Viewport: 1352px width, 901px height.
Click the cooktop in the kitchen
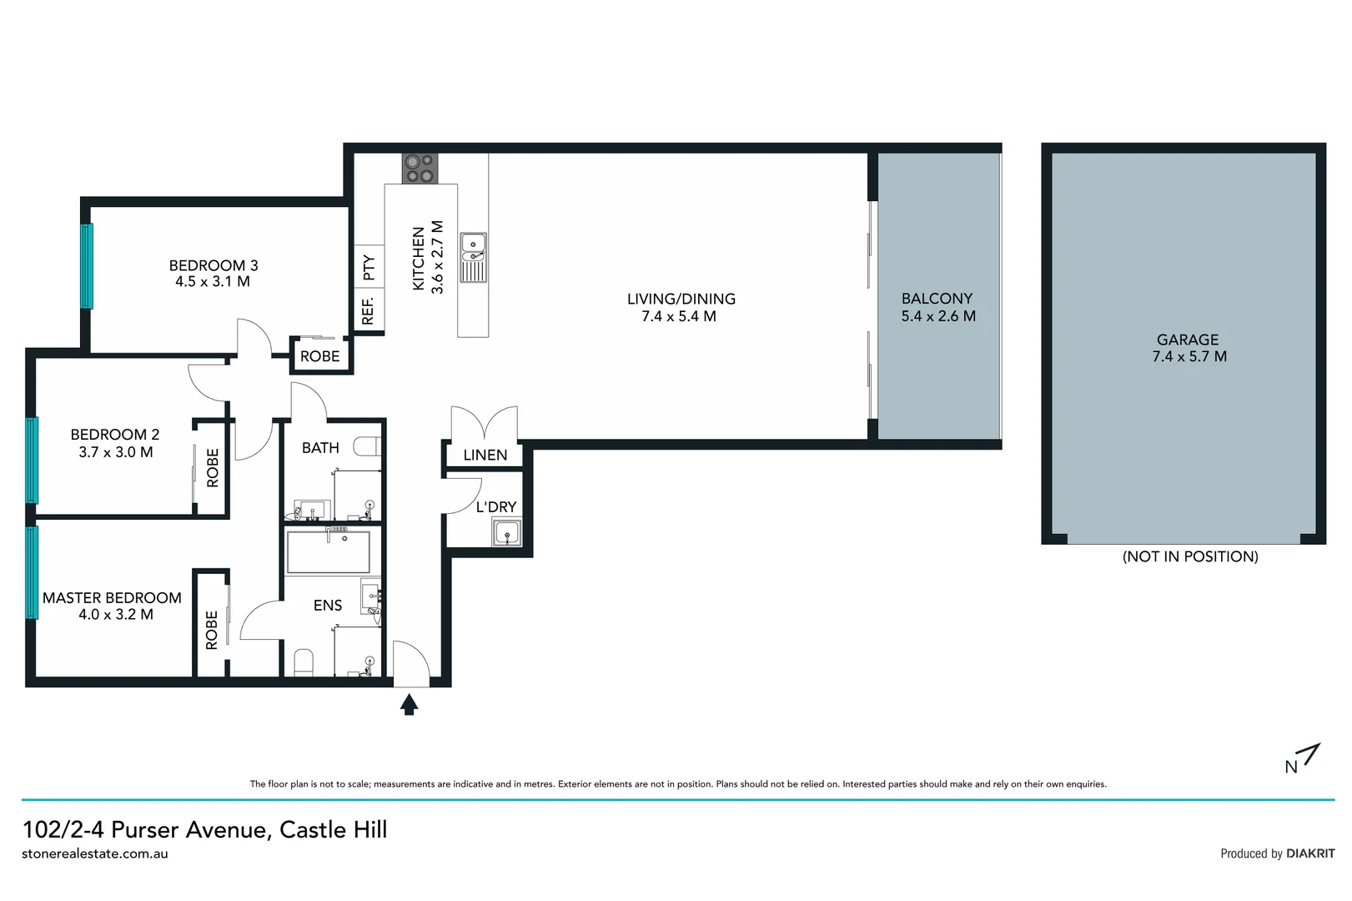tap(419, 168)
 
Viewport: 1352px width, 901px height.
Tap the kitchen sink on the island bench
tap(473, 257)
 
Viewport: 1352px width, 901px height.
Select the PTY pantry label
tap(369, 267)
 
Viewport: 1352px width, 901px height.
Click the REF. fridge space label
tap(368, 310)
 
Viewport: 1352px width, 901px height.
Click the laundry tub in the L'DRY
tap(506, 532)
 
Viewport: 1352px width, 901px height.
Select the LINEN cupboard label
tap(485, 455)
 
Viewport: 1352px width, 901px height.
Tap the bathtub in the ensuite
tap(329, 551)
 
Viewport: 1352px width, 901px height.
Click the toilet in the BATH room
tap(368, 447)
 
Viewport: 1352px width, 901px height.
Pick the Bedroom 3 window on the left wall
tap(86, 265)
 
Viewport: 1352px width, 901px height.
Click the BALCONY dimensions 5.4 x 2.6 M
tap(937, 316)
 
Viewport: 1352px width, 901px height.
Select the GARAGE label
tap(1187, 340)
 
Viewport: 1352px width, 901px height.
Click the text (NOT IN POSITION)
tap(1189, 556)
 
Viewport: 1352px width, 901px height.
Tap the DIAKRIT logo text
tap(1309, 853)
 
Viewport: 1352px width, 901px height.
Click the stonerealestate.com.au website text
tap(95, 853)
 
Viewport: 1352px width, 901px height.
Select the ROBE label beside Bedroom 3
tap(319, 356)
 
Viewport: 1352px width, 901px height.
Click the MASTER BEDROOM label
tap(112, 597)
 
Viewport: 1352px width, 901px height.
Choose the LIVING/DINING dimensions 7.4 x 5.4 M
tap(678, 316)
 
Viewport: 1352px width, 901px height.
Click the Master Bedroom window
tap(32, 571)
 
